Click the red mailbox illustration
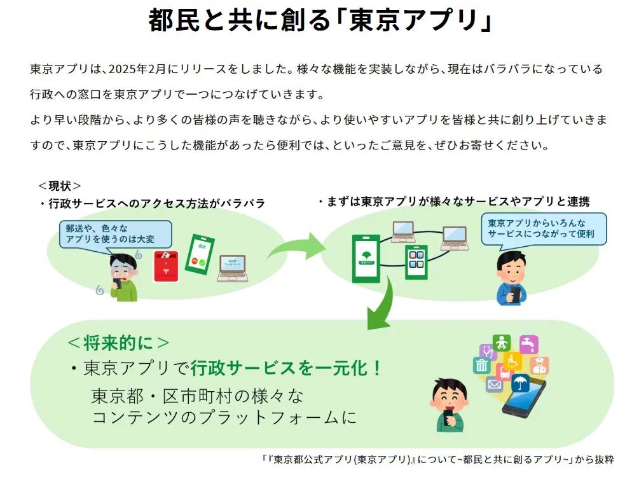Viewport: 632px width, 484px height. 167,266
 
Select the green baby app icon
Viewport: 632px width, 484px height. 502,342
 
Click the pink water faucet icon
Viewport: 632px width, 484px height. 529,344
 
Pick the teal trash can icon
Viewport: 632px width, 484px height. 481,364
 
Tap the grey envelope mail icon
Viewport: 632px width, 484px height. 494,384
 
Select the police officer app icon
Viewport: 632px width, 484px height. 540,366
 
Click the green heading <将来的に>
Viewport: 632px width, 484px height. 118,343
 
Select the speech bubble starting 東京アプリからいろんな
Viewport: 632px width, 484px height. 543,229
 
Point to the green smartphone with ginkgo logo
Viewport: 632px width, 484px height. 366,258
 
